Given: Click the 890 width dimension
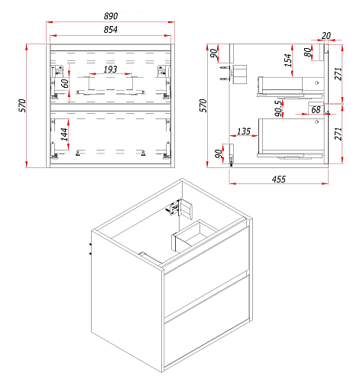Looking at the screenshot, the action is (x=111, y=16).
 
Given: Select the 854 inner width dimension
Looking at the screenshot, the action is (x=111, y=30).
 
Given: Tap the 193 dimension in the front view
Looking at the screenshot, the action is (x=110, y=70).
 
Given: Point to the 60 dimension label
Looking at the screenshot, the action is (x=65, y=83).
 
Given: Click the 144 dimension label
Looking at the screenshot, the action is (x=64, y=134).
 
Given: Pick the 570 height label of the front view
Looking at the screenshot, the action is (x=22, y=105).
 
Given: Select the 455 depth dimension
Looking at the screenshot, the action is (x=279, y=180).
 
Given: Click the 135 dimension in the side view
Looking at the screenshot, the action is (x=244, y=131).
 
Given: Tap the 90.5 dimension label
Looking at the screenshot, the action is (x=279, y=108).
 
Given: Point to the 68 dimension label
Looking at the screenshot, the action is (x=316, y=110).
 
